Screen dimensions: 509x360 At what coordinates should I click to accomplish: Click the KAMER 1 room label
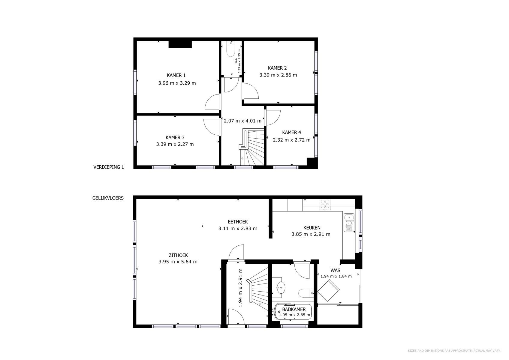point(176,75)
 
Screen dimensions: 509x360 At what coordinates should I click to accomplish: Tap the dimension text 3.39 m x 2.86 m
point(278,75)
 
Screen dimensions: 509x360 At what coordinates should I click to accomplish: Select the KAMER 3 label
point(175,137)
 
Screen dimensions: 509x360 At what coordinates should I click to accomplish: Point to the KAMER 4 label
point(291,132)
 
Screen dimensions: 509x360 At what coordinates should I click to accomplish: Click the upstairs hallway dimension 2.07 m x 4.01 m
point(243,121)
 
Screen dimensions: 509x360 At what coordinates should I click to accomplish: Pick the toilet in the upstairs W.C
point(230,49)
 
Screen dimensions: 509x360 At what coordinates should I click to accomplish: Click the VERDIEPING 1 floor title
point(109,167)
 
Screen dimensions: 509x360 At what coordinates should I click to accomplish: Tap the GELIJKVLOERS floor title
point(108,198)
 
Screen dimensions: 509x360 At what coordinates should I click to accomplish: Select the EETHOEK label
point(238,222)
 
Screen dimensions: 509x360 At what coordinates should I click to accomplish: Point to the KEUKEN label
point(312,228)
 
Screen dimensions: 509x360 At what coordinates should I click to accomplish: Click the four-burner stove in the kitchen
point(325,205)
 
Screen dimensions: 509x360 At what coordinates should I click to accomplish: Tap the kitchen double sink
point(349,223)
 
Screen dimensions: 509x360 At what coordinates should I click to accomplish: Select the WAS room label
point(336,271)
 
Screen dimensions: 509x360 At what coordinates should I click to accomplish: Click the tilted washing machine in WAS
point(329,290)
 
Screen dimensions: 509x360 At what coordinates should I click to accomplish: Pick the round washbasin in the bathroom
point(281,287)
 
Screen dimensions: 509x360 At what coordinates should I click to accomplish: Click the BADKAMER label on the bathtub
point(294,309)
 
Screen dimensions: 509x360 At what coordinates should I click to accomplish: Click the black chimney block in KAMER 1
point(180,44)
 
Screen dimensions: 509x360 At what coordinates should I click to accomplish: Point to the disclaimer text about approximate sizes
point(454,351)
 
